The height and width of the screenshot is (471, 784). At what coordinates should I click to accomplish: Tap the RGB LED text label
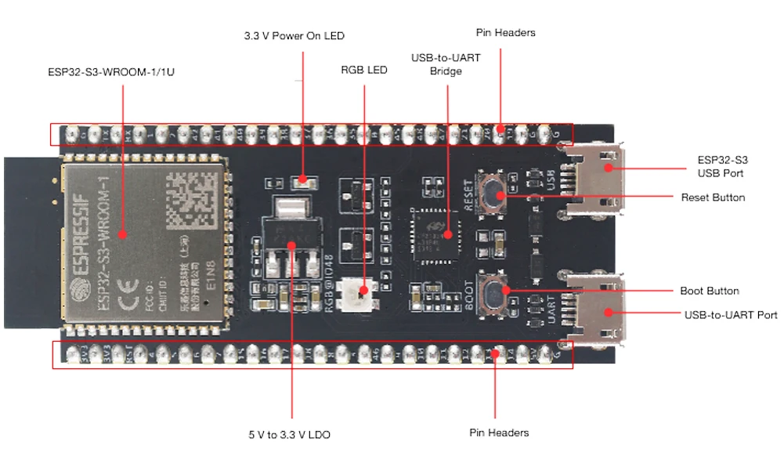364,70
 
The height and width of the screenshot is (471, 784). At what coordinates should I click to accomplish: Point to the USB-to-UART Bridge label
446,65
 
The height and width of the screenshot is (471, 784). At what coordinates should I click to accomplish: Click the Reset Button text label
713,197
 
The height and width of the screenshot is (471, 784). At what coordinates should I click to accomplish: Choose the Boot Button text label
709,291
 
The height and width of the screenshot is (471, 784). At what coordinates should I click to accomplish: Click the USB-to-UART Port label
731,315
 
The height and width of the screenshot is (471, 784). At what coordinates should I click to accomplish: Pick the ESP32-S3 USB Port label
720,166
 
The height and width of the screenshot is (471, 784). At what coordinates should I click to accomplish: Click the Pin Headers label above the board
505,33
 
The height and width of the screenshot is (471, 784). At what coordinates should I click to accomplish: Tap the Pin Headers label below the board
499,433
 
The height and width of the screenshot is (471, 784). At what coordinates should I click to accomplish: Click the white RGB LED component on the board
363,293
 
